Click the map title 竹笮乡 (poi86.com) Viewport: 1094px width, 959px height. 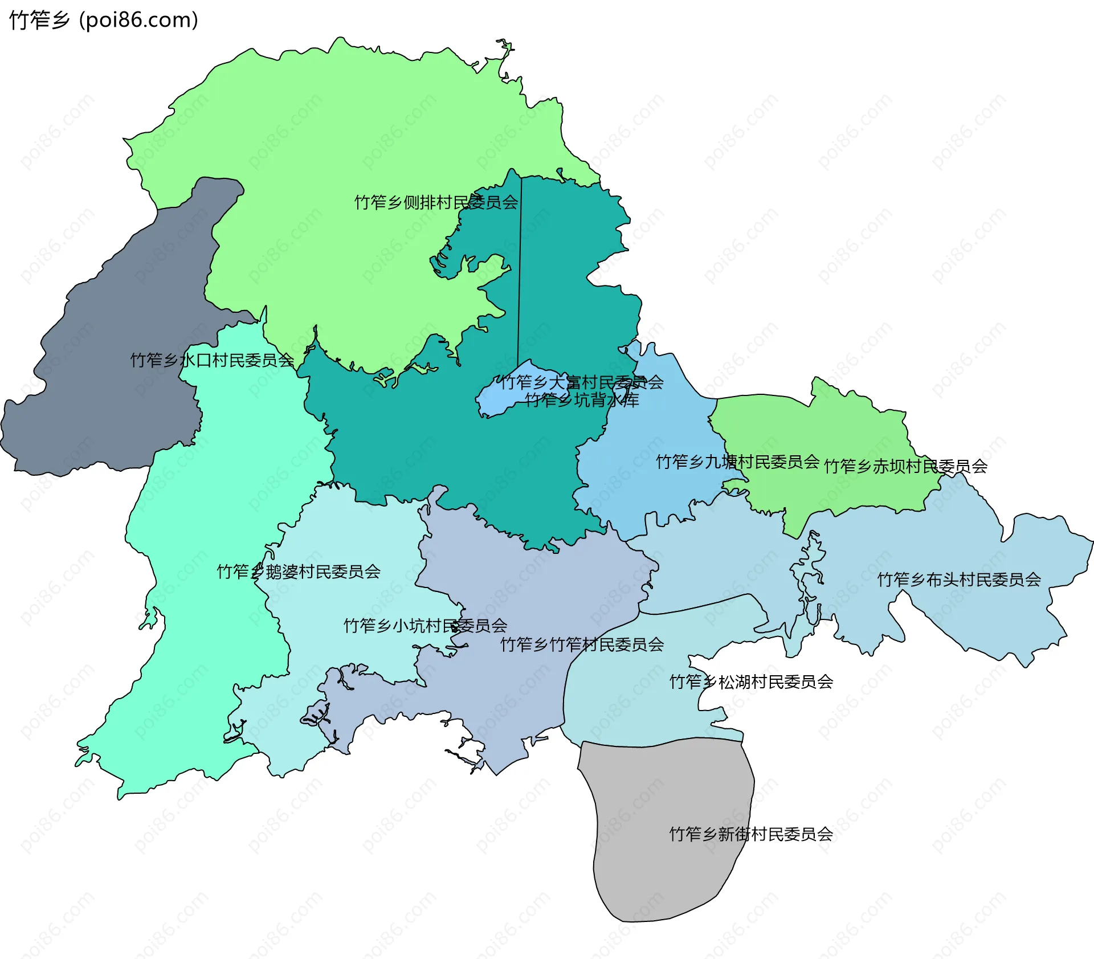pyautogui.click(x=104, y=20)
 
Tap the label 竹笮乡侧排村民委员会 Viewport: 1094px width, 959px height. pyautogui.click(x=436, y=202)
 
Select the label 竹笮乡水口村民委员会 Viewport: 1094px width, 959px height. pyautogui.click(x=212, y=360)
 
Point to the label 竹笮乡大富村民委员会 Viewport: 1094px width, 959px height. pyautogui.click(x=581, y=382)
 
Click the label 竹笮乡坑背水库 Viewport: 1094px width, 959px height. pyautogui.click(x=581, y=401)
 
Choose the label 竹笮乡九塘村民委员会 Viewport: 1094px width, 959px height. pyautogui.click(x=737, y=462)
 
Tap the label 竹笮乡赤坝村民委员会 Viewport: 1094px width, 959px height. pyautogui.click(x=905, y=467)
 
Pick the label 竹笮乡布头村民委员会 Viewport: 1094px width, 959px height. pyautogui.click(x=959, y=580)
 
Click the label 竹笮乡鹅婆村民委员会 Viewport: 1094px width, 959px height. pyautogui.click(x=299, y=572)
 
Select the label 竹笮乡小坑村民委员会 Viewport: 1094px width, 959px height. pyautogui.click(x=425, y=626)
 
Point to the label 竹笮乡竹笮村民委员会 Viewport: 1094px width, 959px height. pyautogui.click(x=582, y=644)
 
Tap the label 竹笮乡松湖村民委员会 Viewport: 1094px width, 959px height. pyautogui.click(x=751, y=681)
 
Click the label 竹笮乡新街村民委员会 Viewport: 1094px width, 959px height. pyautogui.click(x=751, y=834)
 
